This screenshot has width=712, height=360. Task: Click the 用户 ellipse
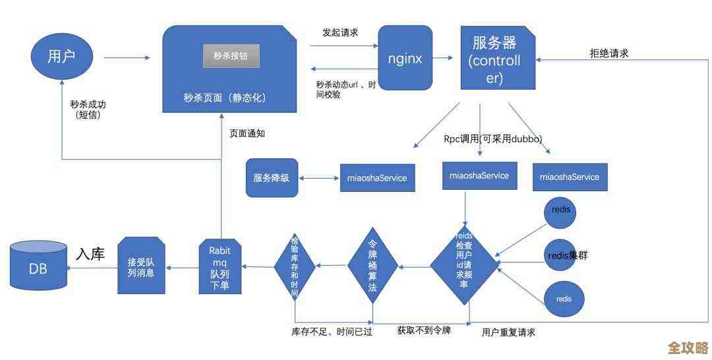tap(61, 57)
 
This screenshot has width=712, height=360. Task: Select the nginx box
tap(405, 58)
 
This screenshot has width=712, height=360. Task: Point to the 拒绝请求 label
tap(608, 53)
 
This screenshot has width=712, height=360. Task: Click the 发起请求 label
tap(340, 32)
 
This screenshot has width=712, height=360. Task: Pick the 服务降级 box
tap(271, 177)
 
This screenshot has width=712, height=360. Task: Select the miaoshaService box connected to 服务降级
tap(377, 178)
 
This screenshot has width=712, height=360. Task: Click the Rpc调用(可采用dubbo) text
tap(492, 139)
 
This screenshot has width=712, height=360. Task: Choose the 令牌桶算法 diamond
tap(373, 266)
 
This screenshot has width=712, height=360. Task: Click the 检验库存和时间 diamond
tap(295, 266)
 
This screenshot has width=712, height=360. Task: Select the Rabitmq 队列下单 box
tap(220, 266)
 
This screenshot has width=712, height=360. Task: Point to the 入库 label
tap(90, 254)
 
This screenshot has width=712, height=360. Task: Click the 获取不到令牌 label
tap(424, 330)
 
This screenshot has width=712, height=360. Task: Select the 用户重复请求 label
tap(508, 332)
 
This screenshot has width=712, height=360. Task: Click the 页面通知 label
tap(247, 133)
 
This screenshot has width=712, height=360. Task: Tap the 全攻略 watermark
tap(688, 347)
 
